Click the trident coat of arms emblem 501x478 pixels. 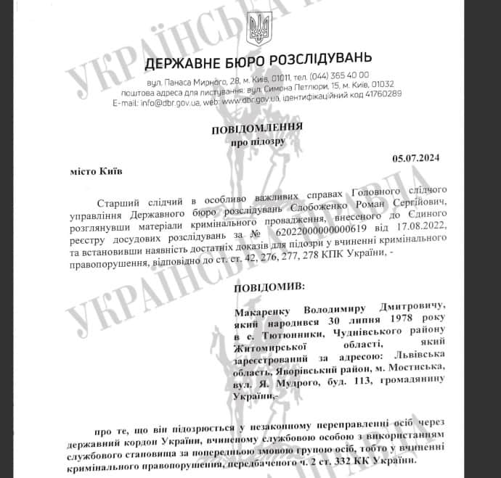coord(258,29)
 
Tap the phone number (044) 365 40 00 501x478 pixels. coord(339,75)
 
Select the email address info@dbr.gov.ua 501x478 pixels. coord(171,103)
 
